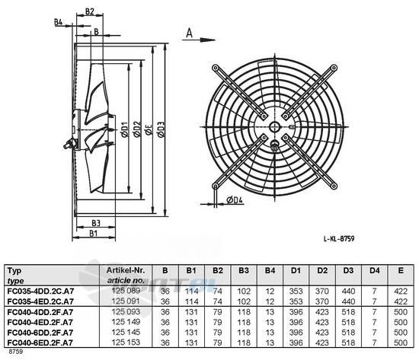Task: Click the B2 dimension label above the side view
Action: pyautogui.click(x=90, y=11)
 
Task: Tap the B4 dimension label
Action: pyautogui.click(x=58, y=22)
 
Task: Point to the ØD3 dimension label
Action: pyautogui.click(x=161, y=129)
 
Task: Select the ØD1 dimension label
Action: pyautogui.click(x=124, y=129)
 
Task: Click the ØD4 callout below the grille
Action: pyautogui.click(x=235, y=199)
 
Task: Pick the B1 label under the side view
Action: pyautogui.click(x=93, y=234)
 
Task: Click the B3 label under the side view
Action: pyautogui.click(x=96, y=223)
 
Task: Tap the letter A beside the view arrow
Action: pyautogui.click(x=189, y=33)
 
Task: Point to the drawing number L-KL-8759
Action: pyautogui.click(x=339, y=238)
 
